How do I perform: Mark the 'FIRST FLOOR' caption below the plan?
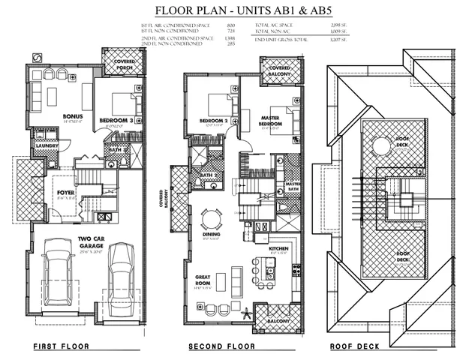click(x=61, y=346)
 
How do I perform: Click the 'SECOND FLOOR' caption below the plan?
click(x=221, y=346)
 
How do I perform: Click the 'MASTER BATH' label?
click(x=292, y=186)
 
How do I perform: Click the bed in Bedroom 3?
click(x=122, y=101)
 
